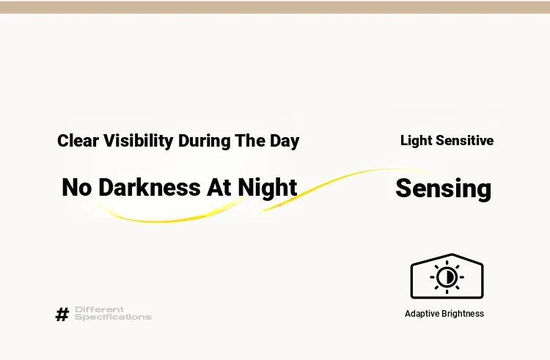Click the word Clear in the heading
(78, 141)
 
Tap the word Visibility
(139, 141)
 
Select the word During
(205, 141)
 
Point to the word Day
(285, 142)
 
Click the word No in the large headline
(77, 187)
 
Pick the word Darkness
(150, 187)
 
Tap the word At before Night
(219, 187)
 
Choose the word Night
(268, 188)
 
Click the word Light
(417, 141)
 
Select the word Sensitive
(465, 141)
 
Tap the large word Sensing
(444, 189)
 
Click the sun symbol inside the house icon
(447, 277)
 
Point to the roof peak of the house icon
(452, 254)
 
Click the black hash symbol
(62, 314)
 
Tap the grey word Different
(99, 309)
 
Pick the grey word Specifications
(113, 317)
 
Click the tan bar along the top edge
(275, 7)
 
